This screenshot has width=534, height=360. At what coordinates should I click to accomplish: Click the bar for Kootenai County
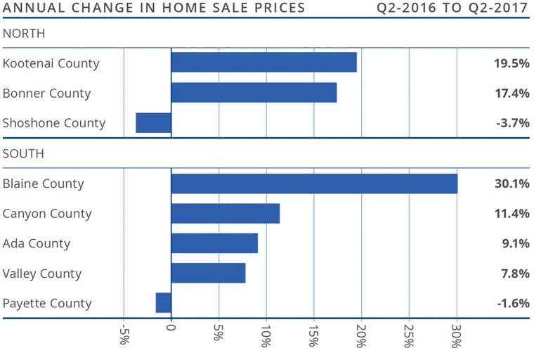[263, 63]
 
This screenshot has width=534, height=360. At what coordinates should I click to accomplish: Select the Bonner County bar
[254, 93]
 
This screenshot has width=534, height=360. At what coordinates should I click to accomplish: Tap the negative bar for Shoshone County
[153, 123]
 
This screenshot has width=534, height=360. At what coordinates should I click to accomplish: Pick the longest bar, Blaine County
[314, 184]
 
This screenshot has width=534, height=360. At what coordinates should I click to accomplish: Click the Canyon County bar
[225, 214]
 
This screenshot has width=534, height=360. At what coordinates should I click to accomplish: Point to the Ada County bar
[214, 243]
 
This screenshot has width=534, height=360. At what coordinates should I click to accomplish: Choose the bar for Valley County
[208, 274]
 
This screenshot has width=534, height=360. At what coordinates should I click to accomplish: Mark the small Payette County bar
[163, 303]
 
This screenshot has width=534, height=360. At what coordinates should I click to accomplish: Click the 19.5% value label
[512, 63]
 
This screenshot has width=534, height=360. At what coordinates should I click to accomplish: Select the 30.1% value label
[512, 184]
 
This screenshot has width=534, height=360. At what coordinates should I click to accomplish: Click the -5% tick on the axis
[124, 336]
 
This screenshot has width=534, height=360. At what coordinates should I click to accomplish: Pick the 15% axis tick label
[314, 336]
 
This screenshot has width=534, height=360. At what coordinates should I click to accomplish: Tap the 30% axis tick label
[457, 336]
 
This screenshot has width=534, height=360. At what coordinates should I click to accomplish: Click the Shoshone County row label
[54, 123]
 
